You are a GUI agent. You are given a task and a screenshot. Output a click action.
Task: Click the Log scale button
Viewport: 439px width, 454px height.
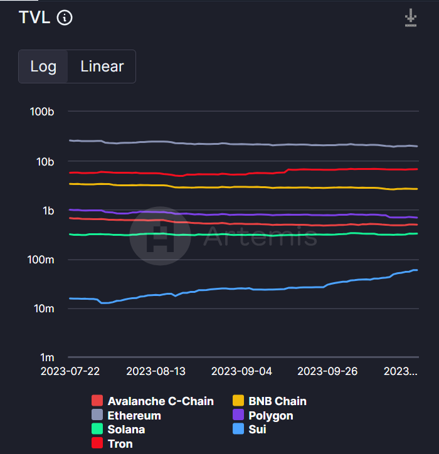pyautogui.click(x=43, y=66)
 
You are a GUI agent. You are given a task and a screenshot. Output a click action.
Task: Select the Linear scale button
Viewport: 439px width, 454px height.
pyautogui.click(x=102, y=66)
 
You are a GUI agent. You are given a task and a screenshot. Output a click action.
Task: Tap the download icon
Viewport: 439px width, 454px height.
pyautogui.click(x=411, y=18)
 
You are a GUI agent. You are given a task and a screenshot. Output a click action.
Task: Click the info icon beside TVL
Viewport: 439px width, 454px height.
pyautogui.click(x=65, y=18)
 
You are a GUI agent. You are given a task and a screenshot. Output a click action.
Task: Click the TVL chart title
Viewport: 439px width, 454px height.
pyautogui.click(x=34, y=18)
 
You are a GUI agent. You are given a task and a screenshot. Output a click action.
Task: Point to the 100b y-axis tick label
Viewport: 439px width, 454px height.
pyautogui.click(x=42, y=112)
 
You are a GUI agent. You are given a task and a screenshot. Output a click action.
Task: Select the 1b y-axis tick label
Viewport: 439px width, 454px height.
pyautogui.click(x=48, y=211)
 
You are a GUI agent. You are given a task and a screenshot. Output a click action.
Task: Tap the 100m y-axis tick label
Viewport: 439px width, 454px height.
pyautogui.click(x=41, y=260)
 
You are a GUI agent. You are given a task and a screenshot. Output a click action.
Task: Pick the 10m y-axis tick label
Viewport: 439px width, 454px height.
pyautogui.click(x=43, y=309)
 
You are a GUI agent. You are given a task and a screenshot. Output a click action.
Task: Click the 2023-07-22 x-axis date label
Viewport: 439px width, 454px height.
pyautogui.click(x=70, y=371)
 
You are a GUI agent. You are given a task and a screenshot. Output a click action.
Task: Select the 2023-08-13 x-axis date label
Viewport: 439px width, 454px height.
pyautogui.click(x=156, y=371)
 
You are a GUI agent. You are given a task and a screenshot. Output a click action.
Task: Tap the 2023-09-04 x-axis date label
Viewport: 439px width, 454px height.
pyautogui.click(x=241, y=371)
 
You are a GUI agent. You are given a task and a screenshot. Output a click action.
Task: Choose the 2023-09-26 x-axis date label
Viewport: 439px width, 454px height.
pyautogui.click(x=327, y=371)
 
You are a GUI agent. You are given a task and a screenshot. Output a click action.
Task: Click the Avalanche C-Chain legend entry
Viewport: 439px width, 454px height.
pyautogui.click(x=154, y=401)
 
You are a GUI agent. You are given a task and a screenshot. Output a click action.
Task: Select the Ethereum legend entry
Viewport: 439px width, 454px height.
pyautogui.click(x=127, y=416)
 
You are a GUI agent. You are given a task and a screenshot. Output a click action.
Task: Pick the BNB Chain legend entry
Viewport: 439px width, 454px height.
pyautogui.click(x=270, y=401)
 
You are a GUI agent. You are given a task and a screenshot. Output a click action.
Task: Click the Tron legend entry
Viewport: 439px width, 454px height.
pyautogui.click(x=113, y=444)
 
